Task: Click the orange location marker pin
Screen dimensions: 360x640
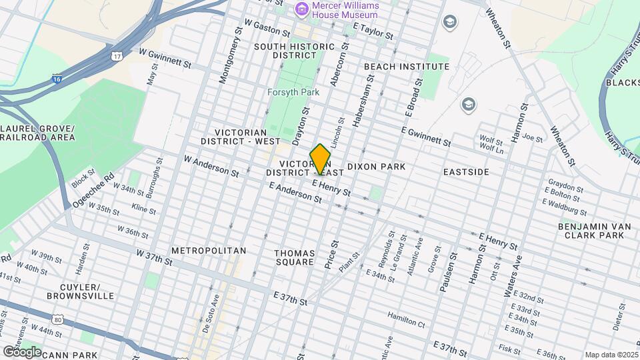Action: pos(321,159)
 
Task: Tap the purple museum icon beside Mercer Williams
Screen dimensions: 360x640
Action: pos(301,9)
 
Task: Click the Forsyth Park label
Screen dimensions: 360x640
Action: pos(293,92)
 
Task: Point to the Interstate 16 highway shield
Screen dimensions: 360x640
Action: pos(58,78)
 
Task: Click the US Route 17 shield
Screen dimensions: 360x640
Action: pos(117,55)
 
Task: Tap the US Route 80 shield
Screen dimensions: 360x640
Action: pos(59,319)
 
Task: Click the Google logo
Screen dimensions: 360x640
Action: pos(21,351)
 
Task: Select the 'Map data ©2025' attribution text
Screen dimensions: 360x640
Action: pos(611,355)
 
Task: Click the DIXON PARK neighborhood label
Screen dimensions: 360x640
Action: pos(376,165)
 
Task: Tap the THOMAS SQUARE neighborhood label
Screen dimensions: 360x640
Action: pos(294,257)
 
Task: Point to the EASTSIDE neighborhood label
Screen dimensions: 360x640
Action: pos(466,172)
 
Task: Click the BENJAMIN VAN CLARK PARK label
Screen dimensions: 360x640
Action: pos(594,231)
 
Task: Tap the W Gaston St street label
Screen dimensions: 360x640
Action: pos(267,27)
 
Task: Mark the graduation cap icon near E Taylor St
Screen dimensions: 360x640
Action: pos(450,22)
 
